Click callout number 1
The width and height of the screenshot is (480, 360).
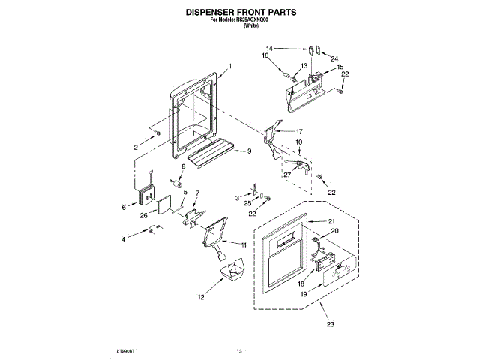(x=229, y=66)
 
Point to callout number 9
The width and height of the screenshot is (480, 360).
(x=249, y=151)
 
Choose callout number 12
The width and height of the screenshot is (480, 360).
(x=200, y=297)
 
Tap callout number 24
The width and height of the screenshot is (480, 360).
(x=335, y=58)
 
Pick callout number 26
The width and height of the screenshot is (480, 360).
(x=142, y=216)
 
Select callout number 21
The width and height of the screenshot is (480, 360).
(x=331, y=221)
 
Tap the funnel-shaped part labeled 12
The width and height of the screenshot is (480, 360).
(x=236, y=268)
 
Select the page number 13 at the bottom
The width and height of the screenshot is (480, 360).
(x=240, y=351)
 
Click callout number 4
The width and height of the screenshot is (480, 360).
(x=124, y=240)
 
